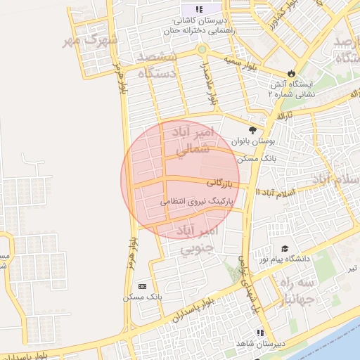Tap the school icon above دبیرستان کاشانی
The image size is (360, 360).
(199, 9)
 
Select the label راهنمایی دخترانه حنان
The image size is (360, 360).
(198, 32)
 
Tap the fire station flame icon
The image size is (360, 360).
(292, 73)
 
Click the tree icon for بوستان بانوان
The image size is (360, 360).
(252, 129)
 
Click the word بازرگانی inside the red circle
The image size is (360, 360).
(219, 184)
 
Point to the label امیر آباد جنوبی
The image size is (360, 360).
(199, 239)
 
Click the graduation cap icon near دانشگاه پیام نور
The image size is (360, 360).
(285, 248)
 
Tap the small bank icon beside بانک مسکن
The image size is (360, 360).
(143, 286)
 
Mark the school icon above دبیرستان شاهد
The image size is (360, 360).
(260, 332)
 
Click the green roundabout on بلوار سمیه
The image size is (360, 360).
(202, 50)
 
